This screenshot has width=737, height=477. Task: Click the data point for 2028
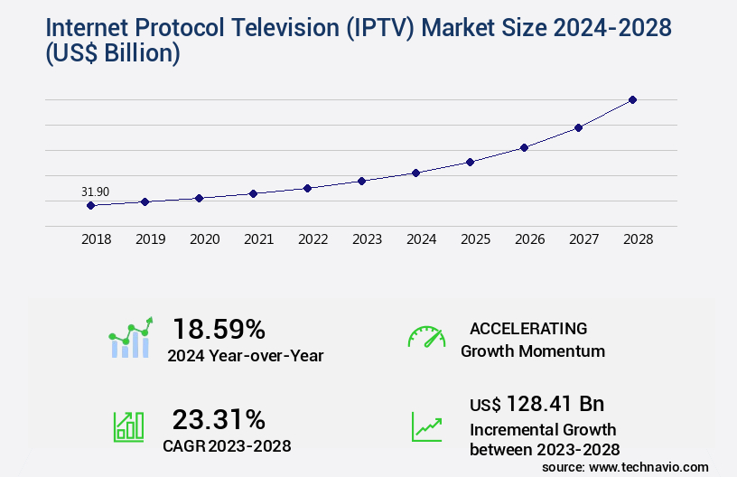pyautogui.click(x=632, y=99)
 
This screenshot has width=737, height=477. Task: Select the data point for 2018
pyautogui.click(x=90, y=205)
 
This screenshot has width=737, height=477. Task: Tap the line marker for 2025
pyautogui.click(x=470, y=162)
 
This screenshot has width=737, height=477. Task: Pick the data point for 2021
pyautogui.click(x=253, y=193)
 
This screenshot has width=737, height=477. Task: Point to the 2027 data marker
pyautogui.click(x=578, y=127)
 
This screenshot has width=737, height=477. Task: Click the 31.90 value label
pyautogui.click(x=95, y=192)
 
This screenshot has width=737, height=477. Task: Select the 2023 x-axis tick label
pyautogui.click(x=367, y=239)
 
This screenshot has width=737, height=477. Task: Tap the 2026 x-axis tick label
pyautogui.click(x=529, y=239)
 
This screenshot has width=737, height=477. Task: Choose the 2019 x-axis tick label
pyautogui.click(x=150, y=239)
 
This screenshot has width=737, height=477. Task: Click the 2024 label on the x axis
pyautogui.click(x=421, y=239)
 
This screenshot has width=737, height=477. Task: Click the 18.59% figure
pyautogui.click(x=219, y=329)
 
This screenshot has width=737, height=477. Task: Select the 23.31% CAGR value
pyautogui.click(x=219, y=419)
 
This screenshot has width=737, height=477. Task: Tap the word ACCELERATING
pyautogui.click(x=527, y=329)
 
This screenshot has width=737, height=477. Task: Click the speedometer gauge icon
pyautogui.click(x=426, y=337)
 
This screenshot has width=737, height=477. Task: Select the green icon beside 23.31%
pyautogui.click(x=128, y=426)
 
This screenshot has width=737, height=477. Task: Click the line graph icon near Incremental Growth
pyautogui.click(x=426, y=426)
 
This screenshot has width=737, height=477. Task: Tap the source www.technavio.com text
pyautogui.click(x=625, y=466)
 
